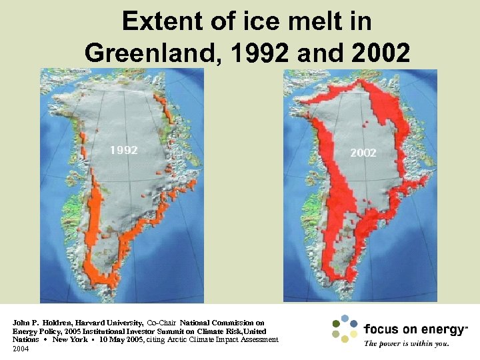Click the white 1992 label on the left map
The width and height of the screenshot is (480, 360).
click(x=124, y=150)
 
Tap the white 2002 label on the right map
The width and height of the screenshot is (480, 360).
click(x=363, y=153)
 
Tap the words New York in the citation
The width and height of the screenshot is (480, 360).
click(x=69, y=340)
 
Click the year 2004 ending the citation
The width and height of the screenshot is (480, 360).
click(x=21, y=349)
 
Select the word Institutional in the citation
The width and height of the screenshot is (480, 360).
click(x=99, y=331)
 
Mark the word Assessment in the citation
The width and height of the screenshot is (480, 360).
click(x=258, y=340)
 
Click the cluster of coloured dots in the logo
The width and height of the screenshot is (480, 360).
click(x=345, y=329)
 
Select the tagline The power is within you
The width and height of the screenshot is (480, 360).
click(x=406, y=344)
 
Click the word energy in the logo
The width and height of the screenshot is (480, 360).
click(x=439, y=329)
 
